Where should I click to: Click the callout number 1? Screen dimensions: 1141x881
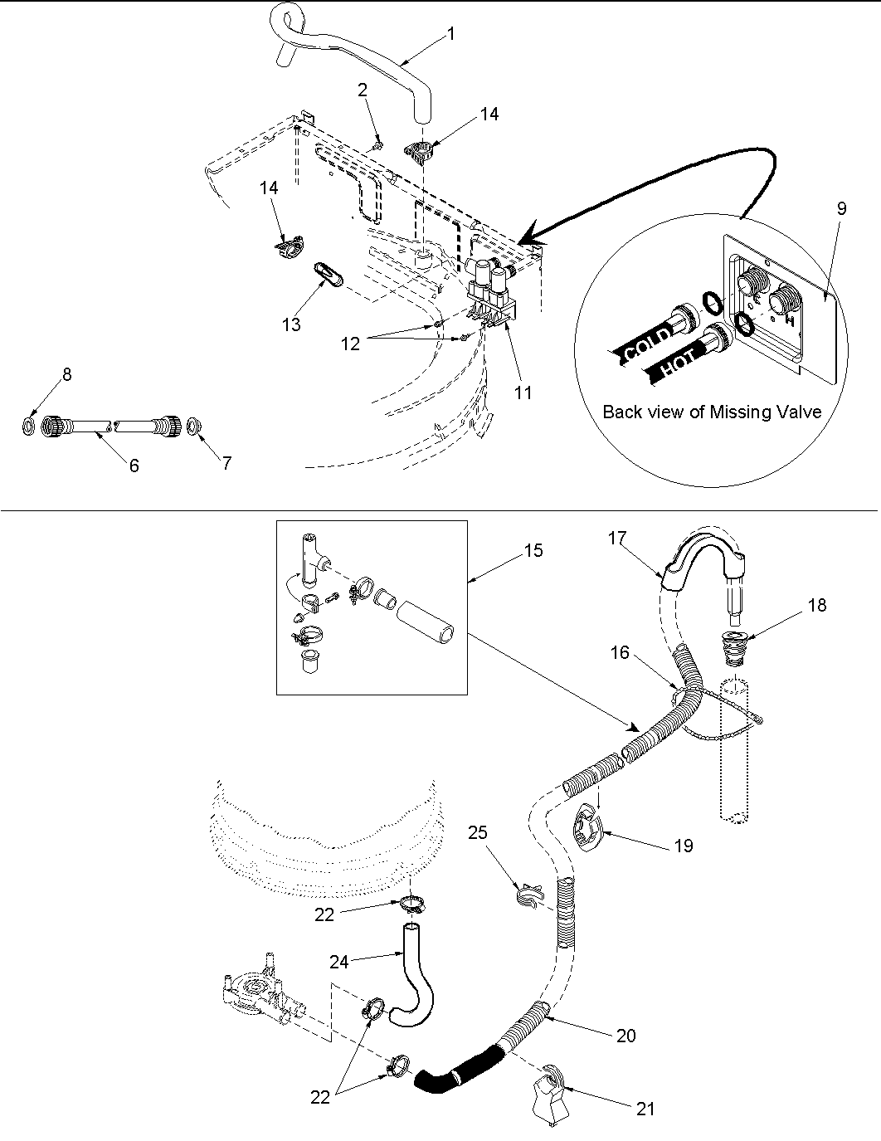450,34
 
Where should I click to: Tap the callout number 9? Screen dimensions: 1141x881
841,208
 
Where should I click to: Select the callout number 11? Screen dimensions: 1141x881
522,393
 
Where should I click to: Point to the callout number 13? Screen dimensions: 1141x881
291,324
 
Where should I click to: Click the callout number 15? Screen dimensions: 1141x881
534,550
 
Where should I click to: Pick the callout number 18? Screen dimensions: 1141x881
816,605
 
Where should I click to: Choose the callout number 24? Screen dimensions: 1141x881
338,962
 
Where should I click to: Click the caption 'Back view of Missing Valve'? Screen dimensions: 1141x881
712,412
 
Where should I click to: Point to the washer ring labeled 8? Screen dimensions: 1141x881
29,427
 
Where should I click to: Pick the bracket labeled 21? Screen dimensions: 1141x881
548,1087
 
